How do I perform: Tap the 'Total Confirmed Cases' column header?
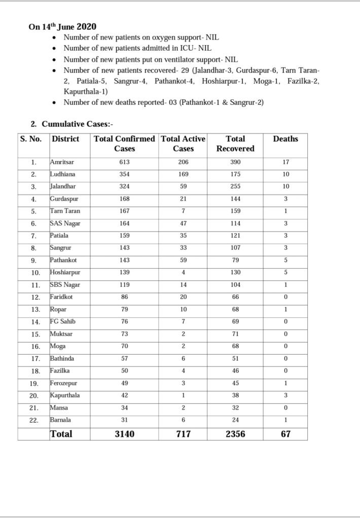pos(124,143)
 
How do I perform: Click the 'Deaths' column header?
pos(285,138)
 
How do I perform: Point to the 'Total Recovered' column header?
pos(235,143)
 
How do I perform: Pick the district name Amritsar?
pos(62,162)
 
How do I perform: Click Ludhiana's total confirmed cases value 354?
pos(124,174)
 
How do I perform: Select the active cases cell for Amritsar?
pos(183,162)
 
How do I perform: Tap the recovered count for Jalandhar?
pos(235,187)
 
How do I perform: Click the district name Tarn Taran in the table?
pos(65,211)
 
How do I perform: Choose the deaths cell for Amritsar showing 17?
pos(285,162)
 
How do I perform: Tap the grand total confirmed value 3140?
pos(124,434)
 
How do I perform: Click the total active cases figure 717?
pos(183,434)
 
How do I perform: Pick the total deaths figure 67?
pos(285,434)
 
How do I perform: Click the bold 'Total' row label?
pos(61,434)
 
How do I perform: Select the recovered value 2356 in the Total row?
pos(235,434)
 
